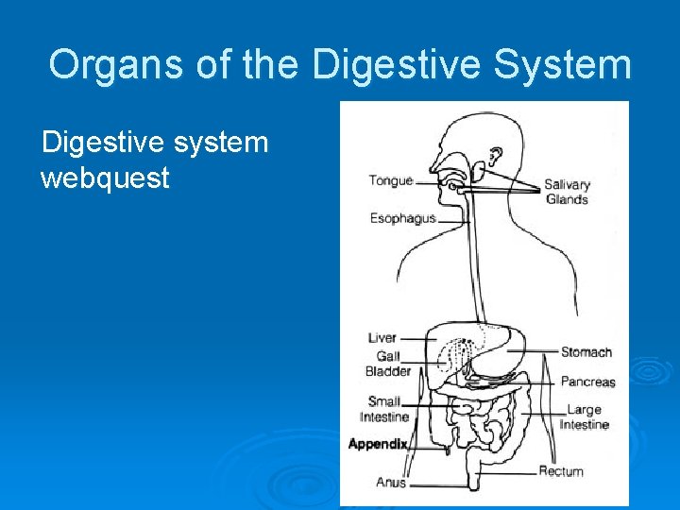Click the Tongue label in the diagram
pyautogui.click(x=390, y=180)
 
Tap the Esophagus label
pyautogui.click(x=402, y=218)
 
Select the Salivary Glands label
pyautogui.click(x=567, y=192)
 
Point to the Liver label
pyautogui.click(x=382, y=337)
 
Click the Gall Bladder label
pyautogui.click(x=388, y=364)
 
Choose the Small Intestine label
pyautogui.click(x=384, y=409)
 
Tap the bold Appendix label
pyautogui.click(x=378, y=444)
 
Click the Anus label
pyautogui.click(x=391, y=483)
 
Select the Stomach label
pyautogui.click(x=586, y=352)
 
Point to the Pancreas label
pyautogui.click(x=587, y=382)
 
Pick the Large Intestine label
pyautogui.click(x=585, y=417)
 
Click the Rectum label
pyautogui.click(x=561, y=471)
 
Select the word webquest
pyautogui.click(x=105, y=177)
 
